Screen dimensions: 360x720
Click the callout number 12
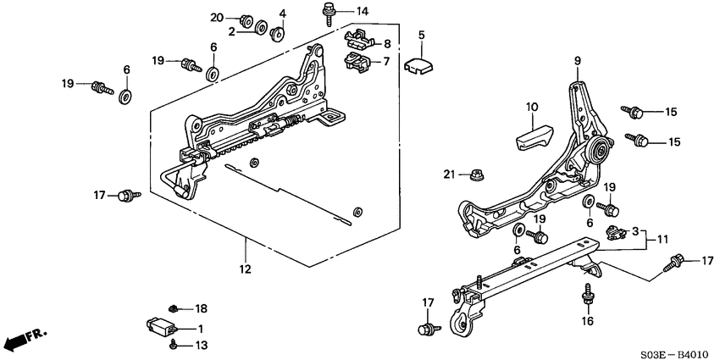pos(245,270)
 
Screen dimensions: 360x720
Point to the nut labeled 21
pos(474,175)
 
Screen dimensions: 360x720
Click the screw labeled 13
pos(174,343)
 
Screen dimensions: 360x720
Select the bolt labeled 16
pos(586,297)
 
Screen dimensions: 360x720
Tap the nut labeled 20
pos(246,19)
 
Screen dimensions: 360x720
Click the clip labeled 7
pos(355,61)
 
